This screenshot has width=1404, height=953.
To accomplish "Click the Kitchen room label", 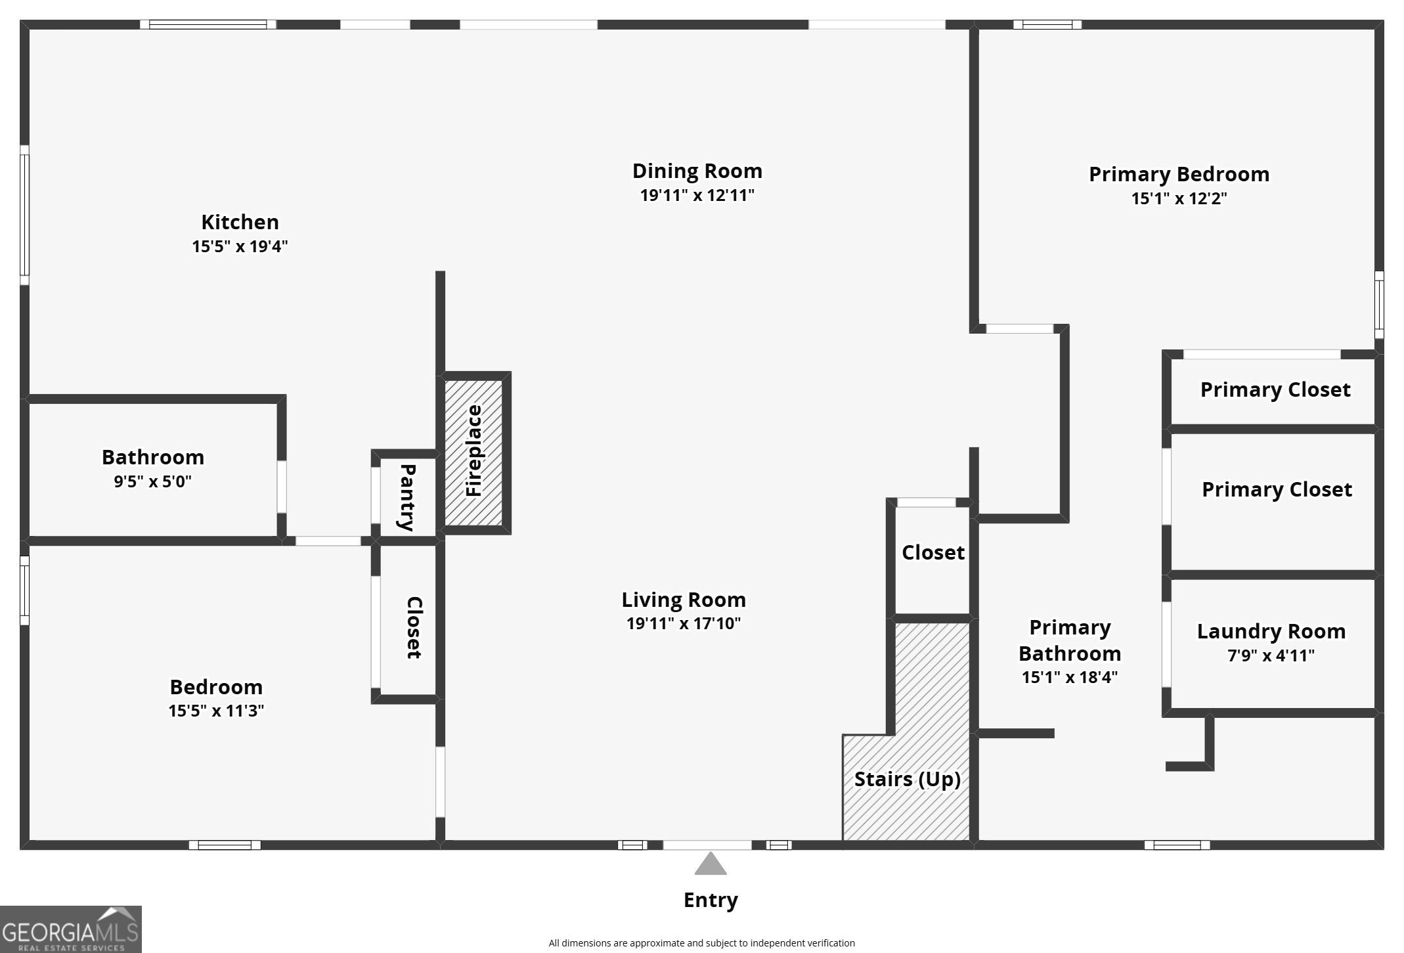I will pyautogui.click(x=240, y=222).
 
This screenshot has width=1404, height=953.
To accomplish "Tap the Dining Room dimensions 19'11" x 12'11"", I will pyautogui.click(x=697, y=195).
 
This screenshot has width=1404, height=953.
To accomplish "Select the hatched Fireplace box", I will pyautogui.click(x=473, y=452).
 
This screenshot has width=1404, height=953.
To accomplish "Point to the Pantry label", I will pyautogui.click(x=408, y=497).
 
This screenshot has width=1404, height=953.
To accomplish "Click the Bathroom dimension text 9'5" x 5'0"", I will pyautogui.click(x=152, y=481).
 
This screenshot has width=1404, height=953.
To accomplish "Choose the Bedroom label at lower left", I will pyautogui.click(x=216, y=687).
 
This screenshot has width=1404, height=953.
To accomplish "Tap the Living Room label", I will pyautogui.click(x=684, y=600).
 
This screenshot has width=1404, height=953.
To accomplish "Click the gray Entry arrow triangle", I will pyautogui.click(x=711, y=864).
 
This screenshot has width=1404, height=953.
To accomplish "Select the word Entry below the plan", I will pyautogui.click(x=711, y=900).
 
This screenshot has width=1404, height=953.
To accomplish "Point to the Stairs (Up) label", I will pyautogui.click(x=907, y=779).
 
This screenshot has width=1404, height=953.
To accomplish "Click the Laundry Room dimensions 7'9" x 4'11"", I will pyautogui.click(x=1271, y=655).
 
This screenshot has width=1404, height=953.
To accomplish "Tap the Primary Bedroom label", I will pyautogui.click(x=1179, y=174).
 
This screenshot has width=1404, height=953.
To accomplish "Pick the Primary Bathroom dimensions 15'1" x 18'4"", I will pyautogui.click(x=1069, y=677).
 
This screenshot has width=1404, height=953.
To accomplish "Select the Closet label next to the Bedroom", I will pyautogui.click(x=414, y=627).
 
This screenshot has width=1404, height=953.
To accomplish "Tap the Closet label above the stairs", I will pyautogui.click(x=932, y=552).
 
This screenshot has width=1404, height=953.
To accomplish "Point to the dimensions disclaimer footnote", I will pyautogui.click(x=701, y=943).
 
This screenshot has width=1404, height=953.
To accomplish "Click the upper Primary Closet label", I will pyautogui.click(x=1275, y=389).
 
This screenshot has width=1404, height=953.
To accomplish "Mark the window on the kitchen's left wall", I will pyautogui.click(x=24, y=215).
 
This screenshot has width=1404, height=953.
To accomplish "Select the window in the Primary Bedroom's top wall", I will pyautogui.click(x=1047, y=25).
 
